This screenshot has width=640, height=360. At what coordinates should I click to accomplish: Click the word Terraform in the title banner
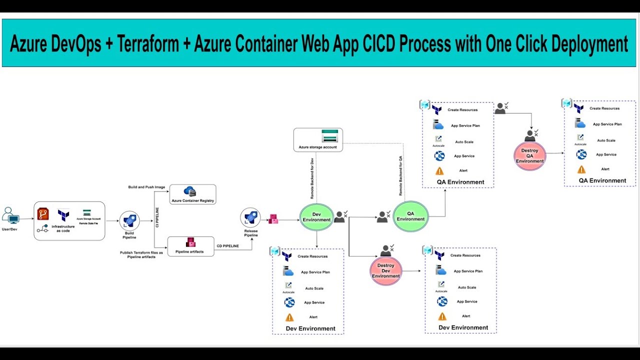149,44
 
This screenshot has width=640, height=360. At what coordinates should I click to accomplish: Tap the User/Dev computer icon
10,216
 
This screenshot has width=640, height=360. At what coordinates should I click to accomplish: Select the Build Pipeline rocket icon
129,220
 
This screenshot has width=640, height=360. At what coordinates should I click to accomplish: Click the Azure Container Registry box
192,194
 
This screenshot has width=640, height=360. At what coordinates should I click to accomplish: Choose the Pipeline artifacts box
191,246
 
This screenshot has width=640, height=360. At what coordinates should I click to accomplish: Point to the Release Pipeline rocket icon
250,217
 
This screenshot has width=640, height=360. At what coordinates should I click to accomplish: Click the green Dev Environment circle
316,217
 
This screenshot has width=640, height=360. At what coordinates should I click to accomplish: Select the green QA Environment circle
410,216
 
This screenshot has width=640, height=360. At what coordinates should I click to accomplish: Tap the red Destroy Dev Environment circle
385,271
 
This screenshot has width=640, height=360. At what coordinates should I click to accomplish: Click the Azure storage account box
317,140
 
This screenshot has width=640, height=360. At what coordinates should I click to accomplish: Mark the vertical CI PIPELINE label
157,217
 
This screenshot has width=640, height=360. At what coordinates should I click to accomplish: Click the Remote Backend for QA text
400,175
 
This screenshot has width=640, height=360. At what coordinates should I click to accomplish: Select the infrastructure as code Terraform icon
63,215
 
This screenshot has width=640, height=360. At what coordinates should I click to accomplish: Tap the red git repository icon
43,214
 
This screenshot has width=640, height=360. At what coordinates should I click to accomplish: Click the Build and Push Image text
146,187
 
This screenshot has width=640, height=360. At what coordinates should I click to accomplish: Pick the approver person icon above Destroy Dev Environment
386,250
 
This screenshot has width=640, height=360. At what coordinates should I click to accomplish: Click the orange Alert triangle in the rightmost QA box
581,169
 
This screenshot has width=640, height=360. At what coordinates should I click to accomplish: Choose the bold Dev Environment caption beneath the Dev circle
310,328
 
